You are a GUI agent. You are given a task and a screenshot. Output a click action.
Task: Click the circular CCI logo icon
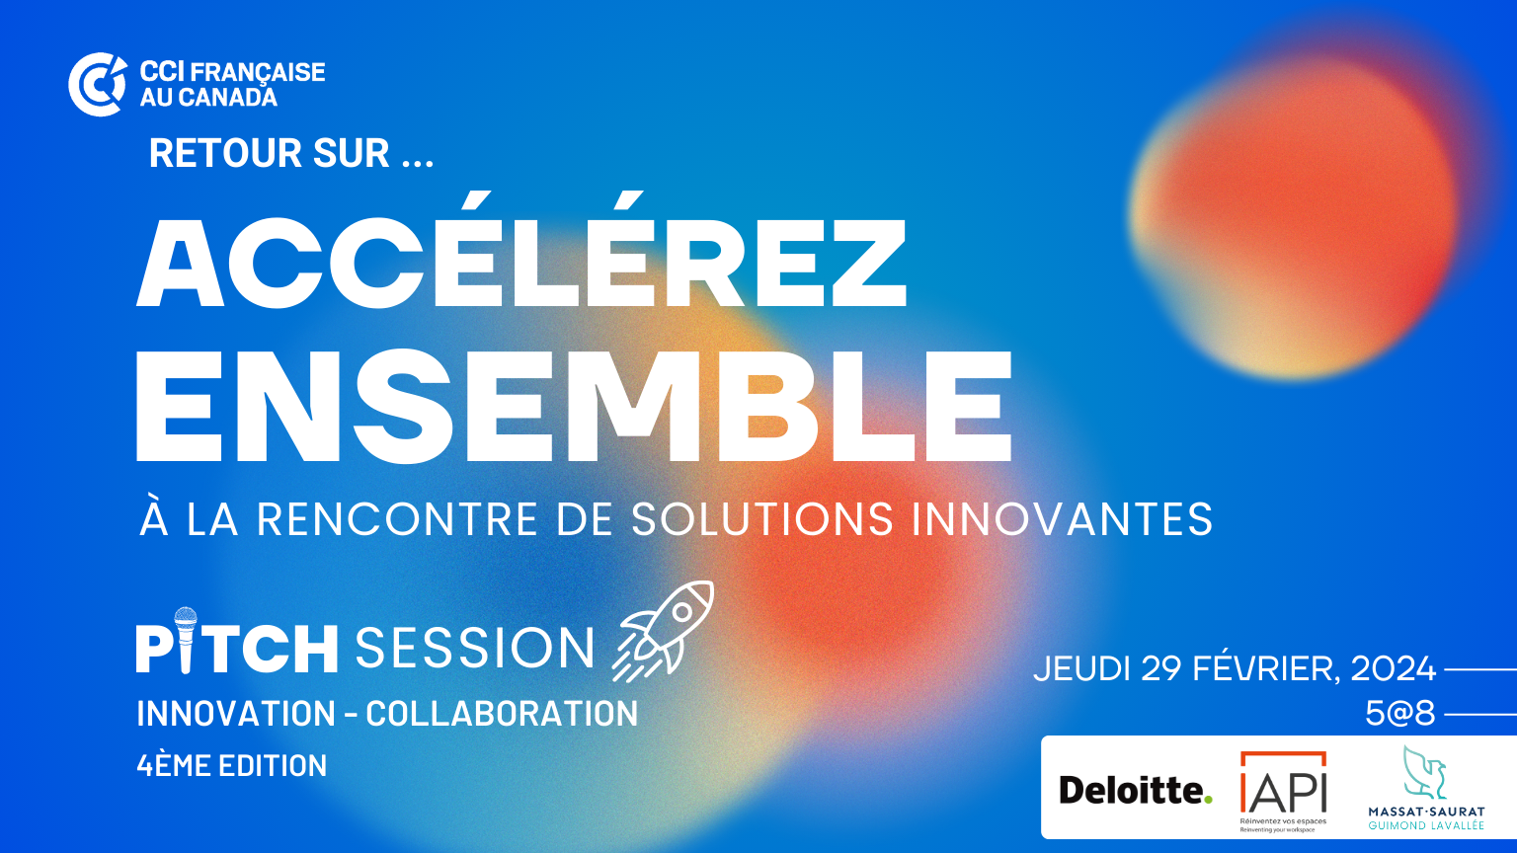click(98, 85)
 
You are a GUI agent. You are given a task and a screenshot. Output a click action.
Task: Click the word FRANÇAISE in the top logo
click(258, 72)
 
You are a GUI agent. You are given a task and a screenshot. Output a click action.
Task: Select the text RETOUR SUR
click(270, 153)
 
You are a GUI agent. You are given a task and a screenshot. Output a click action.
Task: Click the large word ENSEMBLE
click(574, 406)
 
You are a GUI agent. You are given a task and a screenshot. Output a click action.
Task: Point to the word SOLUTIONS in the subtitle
click(762, 519)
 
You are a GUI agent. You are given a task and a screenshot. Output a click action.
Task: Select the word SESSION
click(475, 648)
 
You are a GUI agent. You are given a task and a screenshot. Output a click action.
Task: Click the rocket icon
click(664, 630)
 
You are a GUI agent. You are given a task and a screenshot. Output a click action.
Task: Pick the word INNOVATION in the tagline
click(236, 714)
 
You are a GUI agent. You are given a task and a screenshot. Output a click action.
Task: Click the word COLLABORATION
click(502, 714)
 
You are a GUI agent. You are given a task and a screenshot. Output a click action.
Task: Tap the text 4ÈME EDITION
click(232, 766)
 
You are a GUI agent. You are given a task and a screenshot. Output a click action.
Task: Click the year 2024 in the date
click(1394, 668)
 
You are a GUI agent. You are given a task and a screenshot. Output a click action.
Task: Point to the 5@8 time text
click(1399, 714)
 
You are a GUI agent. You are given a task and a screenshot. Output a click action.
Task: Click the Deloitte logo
click(1136, 790)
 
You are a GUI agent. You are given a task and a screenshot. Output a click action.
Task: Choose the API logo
click(1283, 791)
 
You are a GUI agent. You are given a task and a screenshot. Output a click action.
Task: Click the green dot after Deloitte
click(1208, 800)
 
